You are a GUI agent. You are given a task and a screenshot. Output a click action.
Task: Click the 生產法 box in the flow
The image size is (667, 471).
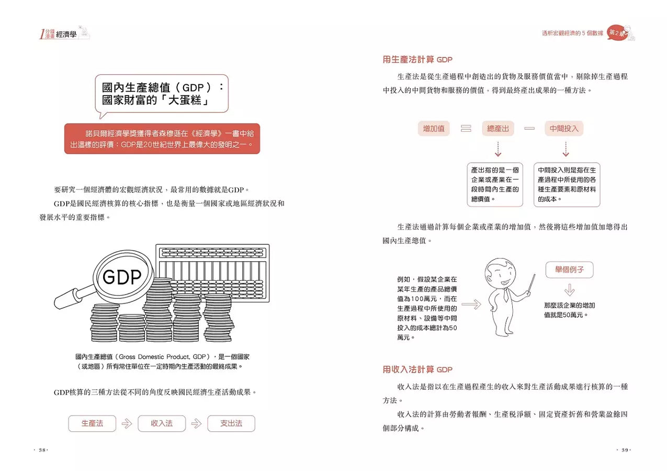[92, 423]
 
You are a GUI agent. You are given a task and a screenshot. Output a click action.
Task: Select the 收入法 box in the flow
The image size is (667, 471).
[162, 423]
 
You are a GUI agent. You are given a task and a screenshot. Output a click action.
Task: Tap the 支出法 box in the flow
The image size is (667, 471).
[231, 423]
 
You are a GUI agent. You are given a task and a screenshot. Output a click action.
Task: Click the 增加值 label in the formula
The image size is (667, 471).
[434, 128]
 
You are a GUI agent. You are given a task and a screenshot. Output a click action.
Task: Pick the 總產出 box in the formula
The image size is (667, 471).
[498, 128]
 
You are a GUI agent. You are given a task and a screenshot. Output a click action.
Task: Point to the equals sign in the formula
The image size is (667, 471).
[466, 128]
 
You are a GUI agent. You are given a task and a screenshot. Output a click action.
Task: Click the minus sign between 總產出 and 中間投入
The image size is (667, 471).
[529, 128]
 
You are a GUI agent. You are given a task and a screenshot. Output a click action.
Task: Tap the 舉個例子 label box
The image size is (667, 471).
[569, 270]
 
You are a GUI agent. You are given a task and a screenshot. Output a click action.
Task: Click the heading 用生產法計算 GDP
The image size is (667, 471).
[417, 60]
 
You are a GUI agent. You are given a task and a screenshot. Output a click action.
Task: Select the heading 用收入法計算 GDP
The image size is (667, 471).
[417, 369]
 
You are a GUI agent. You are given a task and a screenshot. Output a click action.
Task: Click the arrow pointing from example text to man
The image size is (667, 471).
[471, 305]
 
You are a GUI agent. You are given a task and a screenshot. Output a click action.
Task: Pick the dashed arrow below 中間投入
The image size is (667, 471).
[566, 149]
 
